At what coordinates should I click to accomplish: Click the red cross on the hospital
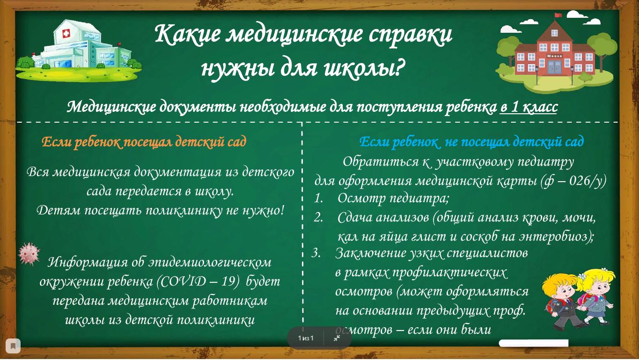pyautogui.click(x=66, y=34)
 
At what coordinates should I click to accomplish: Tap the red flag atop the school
pyautogui.click(x=558, y=15)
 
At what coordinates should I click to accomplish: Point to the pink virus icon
pyautogui.click(x=29, y=254)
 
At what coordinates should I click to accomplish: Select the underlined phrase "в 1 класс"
pyautogui.click(x=529, y=107)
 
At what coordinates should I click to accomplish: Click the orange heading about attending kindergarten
pyautogui.click(x=144, y=142)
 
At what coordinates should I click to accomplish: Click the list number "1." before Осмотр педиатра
pyautogui.click(x=319, y=198)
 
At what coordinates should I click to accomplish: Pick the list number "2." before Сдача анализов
pyautogui.click(x=319, y=218)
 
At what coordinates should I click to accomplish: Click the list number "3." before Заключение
pyautogui.click(x=316, y=253)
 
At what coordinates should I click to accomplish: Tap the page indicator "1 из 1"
pyautogui.click(x=306, y=338)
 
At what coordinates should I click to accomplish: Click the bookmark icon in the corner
pyautogui.click(x=13, y=346)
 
